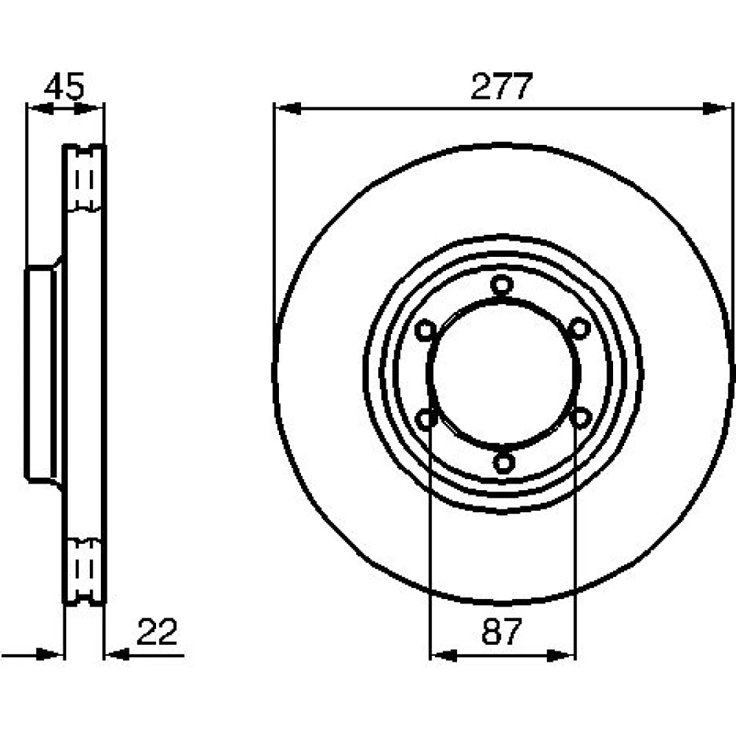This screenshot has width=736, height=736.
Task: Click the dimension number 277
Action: (x=501, y=86)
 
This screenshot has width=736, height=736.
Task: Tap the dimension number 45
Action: (x=64, y=86)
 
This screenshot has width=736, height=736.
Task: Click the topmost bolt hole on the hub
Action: (x=502, y=284)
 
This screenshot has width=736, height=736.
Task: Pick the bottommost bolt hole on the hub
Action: (x=503, y=463)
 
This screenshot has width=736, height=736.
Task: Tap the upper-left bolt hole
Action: (x=425, y=330)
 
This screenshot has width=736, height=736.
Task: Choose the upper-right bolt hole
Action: (x=580, y=328)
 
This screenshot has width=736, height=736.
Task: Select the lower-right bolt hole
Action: (x=581, y=417)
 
